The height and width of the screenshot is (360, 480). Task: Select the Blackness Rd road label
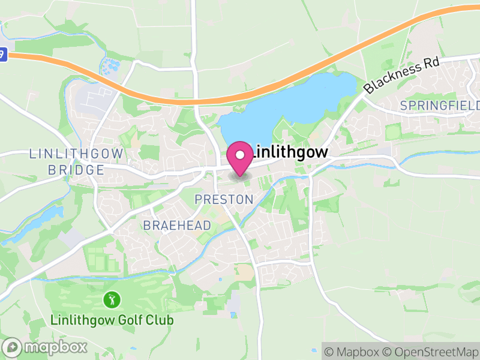401,76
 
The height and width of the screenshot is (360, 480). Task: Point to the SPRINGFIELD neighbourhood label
440,106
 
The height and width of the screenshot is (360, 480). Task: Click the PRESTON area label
224,199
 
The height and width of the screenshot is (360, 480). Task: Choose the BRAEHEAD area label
177,226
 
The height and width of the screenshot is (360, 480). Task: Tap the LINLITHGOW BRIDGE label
76,162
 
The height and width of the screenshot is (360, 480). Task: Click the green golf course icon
111,298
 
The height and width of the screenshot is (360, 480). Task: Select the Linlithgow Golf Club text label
112,320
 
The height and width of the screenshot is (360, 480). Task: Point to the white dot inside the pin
241,155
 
